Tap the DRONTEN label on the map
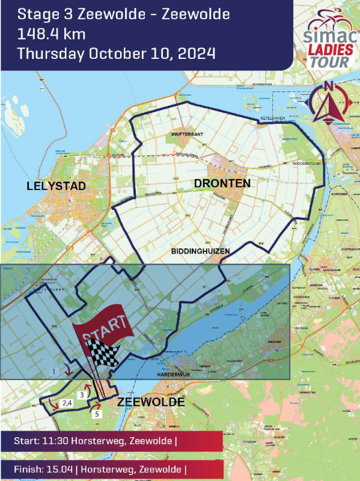[x=222, y=183]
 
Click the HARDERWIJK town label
[x=172, y=374]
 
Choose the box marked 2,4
[x=68, y=403]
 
